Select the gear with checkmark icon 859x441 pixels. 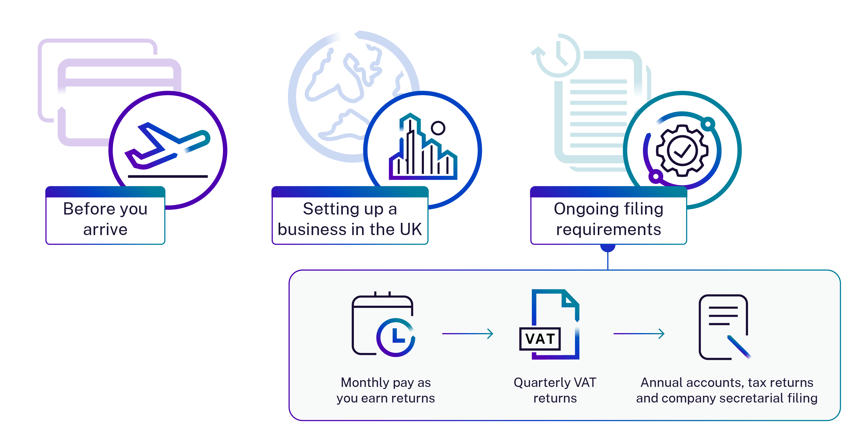[682, 150]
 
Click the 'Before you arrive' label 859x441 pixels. [105, 219]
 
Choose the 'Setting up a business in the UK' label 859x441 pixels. [350, 219]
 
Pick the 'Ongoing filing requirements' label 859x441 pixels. [608, 219]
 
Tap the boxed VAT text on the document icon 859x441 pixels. [540, 339]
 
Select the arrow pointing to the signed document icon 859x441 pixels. [639, 334]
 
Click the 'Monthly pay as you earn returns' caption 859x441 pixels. [386, 390]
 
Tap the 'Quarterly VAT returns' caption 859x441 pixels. [555, 390]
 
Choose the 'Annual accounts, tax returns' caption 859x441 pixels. [727, 382]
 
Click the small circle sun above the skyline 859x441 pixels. [438, 128]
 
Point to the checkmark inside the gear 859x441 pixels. [682, 151]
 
